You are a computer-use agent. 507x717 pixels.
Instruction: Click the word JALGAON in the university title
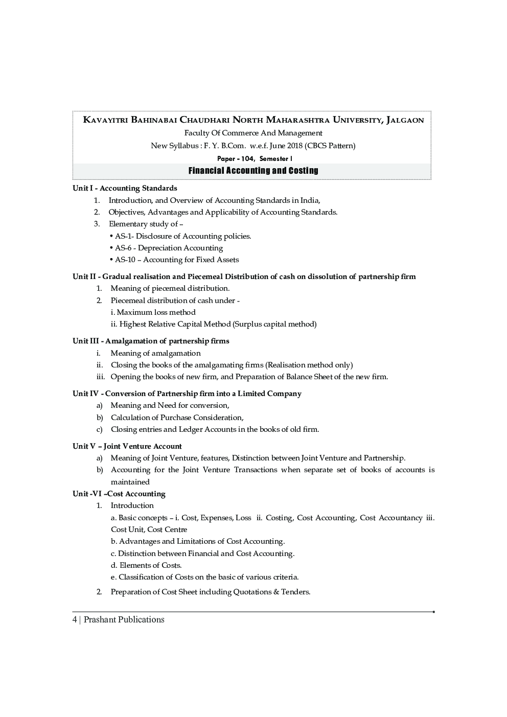(405, 120)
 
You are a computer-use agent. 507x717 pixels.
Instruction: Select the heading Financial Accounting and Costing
(253, 171)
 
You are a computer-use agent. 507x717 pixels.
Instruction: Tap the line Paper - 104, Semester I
(254, 158)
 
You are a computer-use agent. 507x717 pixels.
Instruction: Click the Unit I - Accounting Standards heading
(125, 188)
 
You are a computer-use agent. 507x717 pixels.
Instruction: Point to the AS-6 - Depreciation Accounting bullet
(168, 248)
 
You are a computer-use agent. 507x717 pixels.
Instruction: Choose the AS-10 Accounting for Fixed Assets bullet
(176, 260)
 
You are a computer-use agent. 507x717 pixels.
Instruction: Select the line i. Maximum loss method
(153, 312)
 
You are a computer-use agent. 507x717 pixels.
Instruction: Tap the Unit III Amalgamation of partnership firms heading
(151, 341)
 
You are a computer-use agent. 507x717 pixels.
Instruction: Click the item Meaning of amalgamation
(155, 353)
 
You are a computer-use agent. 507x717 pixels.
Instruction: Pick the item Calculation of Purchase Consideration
(177, 418)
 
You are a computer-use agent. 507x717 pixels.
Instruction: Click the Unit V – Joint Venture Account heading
(127, 446)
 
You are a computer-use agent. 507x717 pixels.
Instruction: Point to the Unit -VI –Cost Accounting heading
(119, 494)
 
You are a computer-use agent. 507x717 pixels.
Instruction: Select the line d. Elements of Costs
(146, 565)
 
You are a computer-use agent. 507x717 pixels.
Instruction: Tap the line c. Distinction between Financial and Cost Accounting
(202, 553)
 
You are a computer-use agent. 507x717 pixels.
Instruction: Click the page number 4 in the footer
(75, 619)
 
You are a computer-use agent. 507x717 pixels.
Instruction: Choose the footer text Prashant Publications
(124, 619)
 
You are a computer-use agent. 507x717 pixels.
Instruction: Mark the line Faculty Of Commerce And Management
(253, 133)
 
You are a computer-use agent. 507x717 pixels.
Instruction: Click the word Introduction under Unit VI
(132, 505)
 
